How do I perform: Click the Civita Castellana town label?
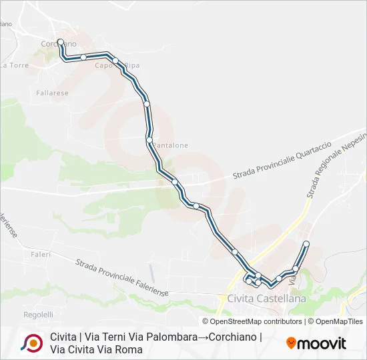tap(266, 298)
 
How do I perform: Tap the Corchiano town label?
tap(59, 44)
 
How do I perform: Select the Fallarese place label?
tap(53, 93)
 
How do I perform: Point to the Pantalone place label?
tap(171, 145)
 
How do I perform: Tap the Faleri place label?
tap(41, 255)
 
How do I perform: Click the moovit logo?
tap(316, 343)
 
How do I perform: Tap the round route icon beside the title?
tap(31, 343)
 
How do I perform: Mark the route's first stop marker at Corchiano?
tap(60, 42)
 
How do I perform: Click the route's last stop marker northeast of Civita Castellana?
tap(306, 243)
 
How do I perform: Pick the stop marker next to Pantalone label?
tap(149, 139)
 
